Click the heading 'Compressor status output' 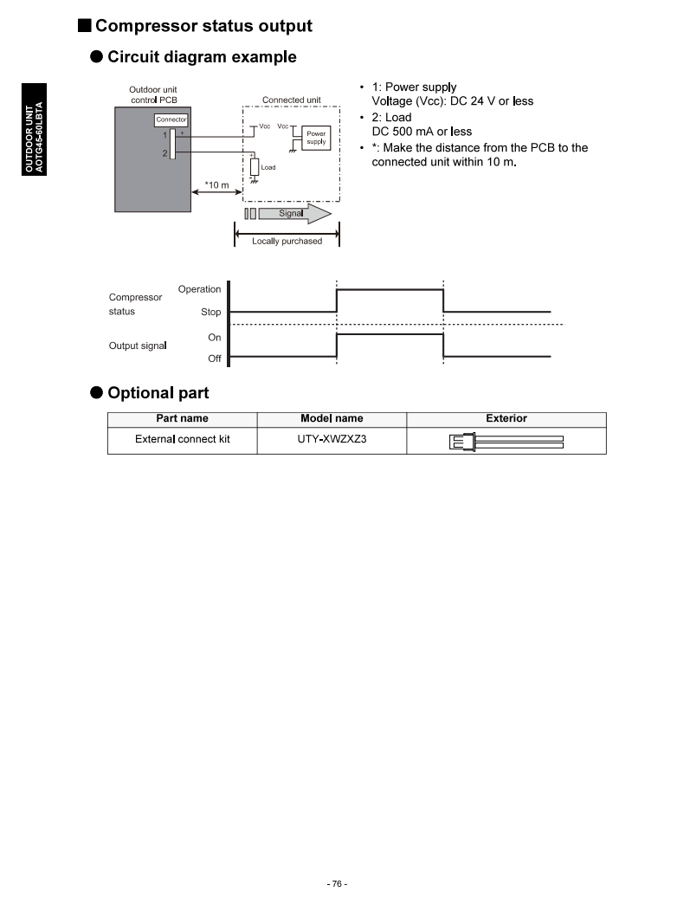(x=203, y=26)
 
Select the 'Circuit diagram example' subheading (x=201, y=57)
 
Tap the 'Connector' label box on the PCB (x=171, y=120)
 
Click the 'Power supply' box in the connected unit (x=316, y=138)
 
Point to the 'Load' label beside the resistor (x=268, y=167)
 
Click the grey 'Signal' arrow (x=291, y=213)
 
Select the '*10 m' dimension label (x=216, y=185)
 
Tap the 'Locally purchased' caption (x=287, y=242)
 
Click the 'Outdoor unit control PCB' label (x=153, y=94)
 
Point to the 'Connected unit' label (x=291, y=100)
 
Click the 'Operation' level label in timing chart (x=199, y=289)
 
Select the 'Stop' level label (x=210, y=312)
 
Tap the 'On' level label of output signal (x=214, y=337)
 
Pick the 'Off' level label (x=214, y=359)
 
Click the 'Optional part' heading (x=158, y=393)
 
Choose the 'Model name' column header (x=332, y=419)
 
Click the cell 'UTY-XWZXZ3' (x=332, y=439)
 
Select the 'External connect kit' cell (x=183, y=439)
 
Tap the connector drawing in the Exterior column (x=506, y=442)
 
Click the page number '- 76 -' (x=338, y=884)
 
